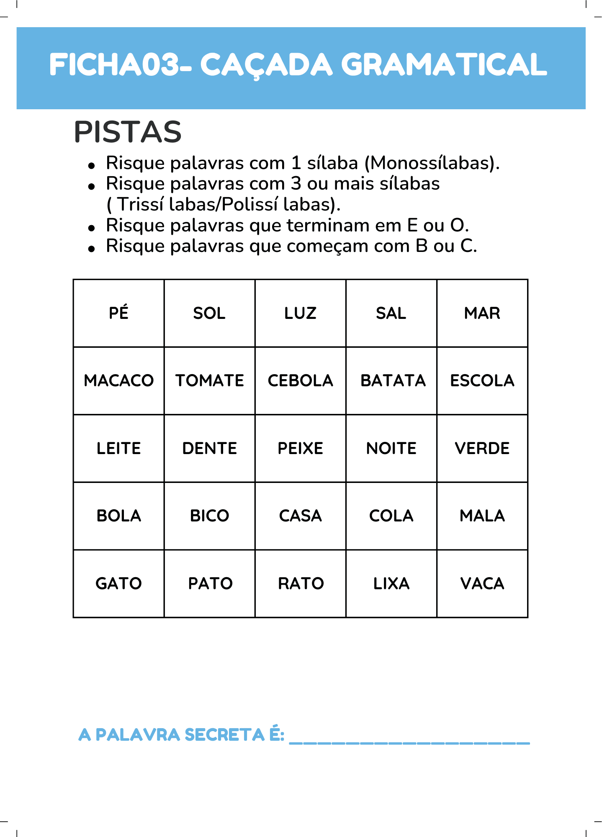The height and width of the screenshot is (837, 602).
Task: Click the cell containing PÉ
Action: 118,313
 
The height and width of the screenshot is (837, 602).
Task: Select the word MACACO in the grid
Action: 118,380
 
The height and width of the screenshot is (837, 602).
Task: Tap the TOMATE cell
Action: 209,380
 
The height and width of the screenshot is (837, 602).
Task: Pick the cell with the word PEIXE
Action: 300,448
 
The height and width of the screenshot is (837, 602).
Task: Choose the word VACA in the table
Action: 482,583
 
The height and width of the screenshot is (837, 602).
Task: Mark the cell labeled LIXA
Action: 391,583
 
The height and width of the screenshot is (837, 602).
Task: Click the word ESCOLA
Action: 482,380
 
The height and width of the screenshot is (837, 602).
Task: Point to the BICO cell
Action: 209,516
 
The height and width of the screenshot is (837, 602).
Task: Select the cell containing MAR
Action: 482,313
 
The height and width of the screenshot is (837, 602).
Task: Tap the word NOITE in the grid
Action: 391,448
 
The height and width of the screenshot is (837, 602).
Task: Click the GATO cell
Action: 118,583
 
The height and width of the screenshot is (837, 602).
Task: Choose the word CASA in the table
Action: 300,516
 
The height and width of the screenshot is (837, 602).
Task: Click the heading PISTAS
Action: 128,132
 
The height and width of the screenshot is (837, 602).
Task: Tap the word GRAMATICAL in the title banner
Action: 444,65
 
